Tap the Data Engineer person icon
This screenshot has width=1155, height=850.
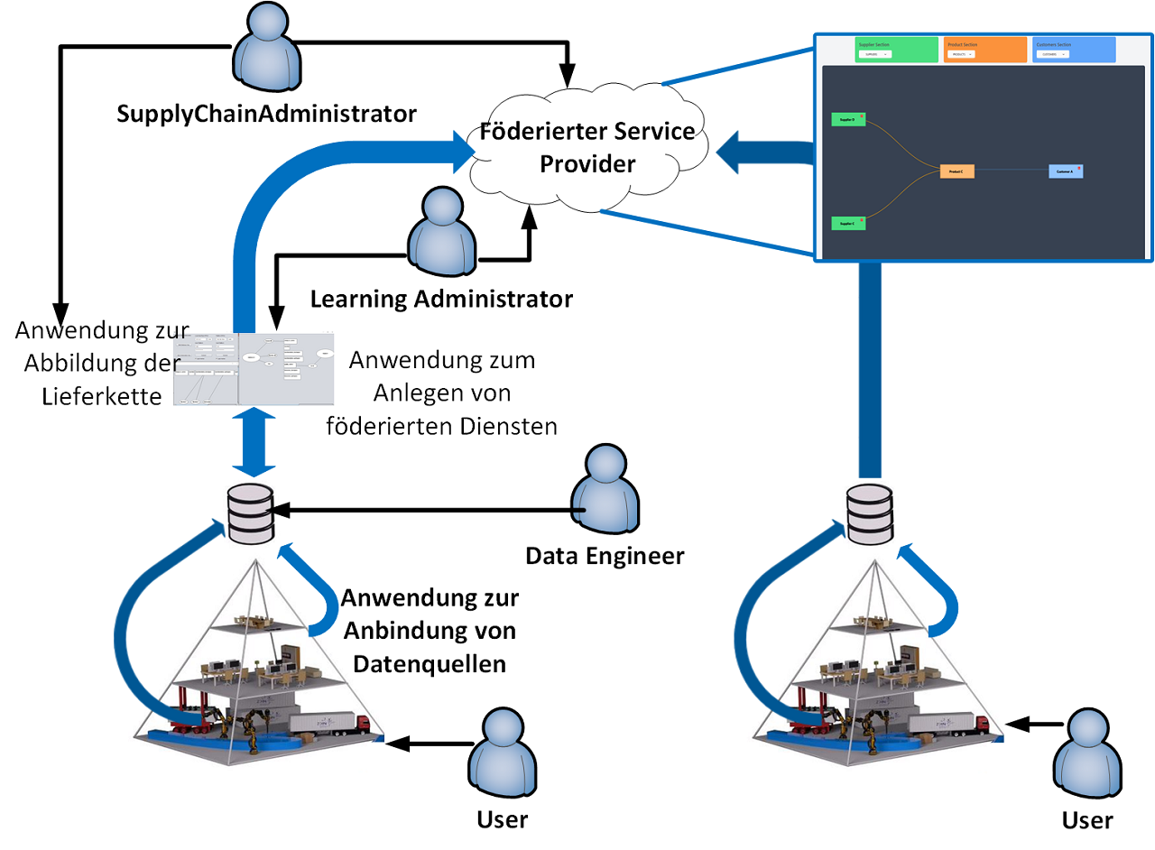click(x=605, y=492)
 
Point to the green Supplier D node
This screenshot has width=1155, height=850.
click(x=848, y=119)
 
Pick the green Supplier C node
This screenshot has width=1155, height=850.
click(x=848, y=223)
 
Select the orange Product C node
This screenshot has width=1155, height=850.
click(x=956, y=171)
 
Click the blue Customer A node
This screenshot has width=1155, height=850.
click(x=1066, y=171)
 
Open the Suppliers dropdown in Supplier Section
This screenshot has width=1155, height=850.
click(x=873, y=54)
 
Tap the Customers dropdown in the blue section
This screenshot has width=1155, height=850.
click(x=1051, y=54)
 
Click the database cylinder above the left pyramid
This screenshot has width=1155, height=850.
click(x=251, y=513)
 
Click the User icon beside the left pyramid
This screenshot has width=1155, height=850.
click(x=501, y=753)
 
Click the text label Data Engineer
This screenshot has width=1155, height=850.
click(x=605, y=557)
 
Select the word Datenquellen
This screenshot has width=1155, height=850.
click(x=430, y=663)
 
